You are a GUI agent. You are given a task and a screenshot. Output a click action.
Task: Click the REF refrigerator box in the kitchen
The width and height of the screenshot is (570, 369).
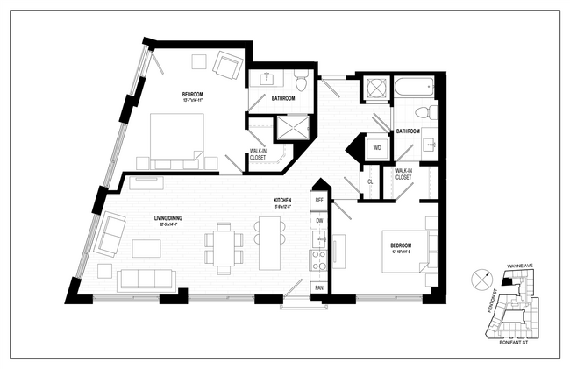(x=319, y=201)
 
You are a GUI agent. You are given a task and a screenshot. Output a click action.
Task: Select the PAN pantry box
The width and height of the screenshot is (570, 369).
(x=319, y=287)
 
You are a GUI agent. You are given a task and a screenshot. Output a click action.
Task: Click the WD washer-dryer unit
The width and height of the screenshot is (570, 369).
(x=377, y=147)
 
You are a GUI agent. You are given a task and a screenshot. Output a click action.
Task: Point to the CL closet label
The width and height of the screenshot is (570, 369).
(x=371, y=181)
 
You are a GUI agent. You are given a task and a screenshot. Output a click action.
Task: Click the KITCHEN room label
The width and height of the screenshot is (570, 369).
(x=282, y=201)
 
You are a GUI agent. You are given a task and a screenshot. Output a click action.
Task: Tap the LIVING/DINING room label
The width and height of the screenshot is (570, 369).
(x=167, y=220)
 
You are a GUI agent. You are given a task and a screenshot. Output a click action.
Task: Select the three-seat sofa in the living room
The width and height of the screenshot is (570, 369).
(x=146, y=280)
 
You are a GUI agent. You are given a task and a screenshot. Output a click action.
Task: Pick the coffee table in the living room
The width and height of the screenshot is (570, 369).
(x=146, y=248)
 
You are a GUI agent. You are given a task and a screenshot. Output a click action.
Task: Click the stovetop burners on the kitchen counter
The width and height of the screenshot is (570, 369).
(x=319, y=259)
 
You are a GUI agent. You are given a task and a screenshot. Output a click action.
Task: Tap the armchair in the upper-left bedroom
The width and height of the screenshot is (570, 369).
(x=229, y=66)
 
